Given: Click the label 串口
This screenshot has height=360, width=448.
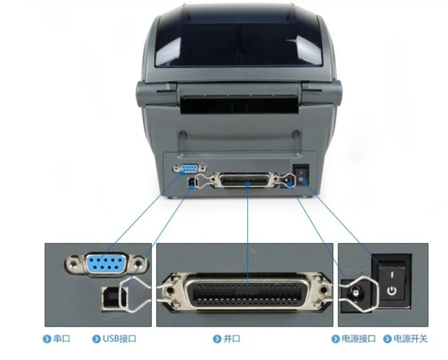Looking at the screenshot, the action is pos(61,339).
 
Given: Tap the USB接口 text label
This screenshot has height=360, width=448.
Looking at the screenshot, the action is pos(119,339).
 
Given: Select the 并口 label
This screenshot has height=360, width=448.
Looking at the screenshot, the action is pos(231,339).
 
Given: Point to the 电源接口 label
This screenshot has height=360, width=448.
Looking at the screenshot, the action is pos(358,339).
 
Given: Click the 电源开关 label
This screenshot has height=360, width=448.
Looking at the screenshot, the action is pos(410,339).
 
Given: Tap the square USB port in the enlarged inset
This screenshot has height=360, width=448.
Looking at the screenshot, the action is pos(115,298).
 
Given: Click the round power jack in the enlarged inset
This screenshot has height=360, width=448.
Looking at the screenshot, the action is pos(355,292).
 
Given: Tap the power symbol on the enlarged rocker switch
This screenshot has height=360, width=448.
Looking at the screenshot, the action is pos(392,291).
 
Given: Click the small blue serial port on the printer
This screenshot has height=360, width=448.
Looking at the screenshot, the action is pos(189,169).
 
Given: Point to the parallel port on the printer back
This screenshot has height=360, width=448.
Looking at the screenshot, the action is pos(244,180).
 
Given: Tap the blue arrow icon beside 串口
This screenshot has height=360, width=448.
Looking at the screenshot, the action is pos(47,339).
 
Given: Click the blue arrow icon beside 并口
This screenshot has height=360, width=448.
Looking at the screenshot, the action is pos(217,339).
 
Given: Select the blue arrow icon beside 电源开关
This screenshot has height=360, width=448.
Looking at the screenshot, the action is pos(387,339).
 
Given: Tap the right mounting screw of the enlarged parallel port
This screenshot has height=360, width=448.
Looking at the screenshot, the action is pos(324,291).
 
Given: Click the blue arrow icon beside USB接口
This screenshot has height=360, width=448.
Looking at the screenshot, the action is pos(96,339).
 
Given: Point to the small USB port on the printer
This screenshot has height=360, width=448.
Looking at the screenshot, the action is pos(191,183).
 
